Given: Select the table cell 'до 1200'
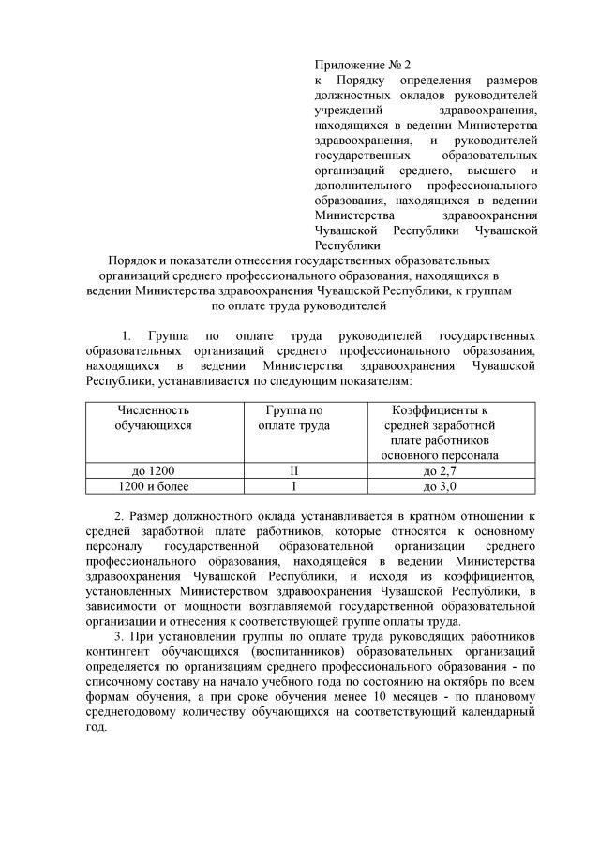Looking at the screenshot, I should [x=153, y=470].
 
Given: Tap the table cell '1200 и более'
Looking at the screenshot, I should [x=153, y=486].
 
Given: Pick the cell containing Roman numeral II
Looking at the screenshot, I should [x=293, y=470].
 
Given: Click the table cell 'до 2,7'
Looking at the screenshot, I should [x=439, y=470].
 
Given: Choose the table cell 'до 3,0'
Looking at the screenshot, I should [x=439, y=486].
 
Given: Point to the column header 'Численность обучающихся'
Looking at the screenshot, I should [x=153, y=418].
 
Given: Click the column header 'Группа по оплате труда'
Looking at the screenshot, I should [x=293, y=418].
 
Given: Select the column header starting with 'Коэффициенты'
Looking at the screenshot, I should [x=439, y=410].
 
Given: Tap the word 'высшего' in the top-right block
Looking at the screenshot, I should [x=487, y=170].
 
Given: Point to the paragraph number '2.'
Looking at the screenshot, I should [x=119, y=516].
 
